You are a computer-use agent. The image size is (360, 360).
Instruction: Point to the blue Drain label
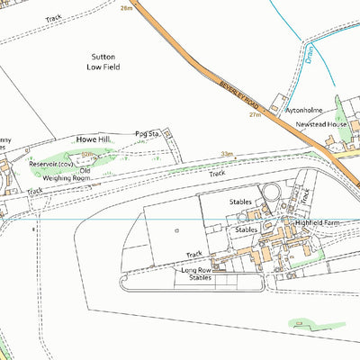click(308, 54)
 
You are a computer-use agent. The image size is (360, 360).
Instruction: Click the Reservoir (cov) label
click(50, 164)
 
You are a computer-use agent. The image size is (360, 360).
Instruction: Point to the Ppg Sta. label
click(147, 133)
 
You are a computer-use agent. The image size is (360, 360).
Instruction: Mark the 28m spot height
click(125, 7)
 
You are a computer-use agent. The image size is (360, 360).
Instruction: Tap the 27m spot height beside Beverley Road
click(255, 114)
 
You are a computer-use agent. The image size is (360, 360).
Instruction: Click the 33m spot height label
click(228, 155)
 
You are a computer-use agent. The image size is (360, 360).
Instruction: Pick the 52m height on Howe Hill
click(87, 156)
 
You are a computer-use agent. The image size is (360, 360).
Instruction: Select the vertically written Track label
click(304, 195)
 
